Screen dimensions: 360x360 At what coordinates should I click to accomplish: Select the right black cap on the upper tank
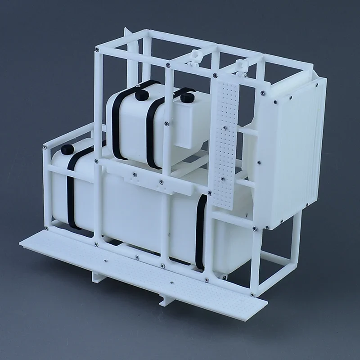(x=187, y=96)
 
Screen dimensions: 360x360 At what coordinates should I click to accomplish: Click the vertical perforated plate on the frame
(x=225, y=144)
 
